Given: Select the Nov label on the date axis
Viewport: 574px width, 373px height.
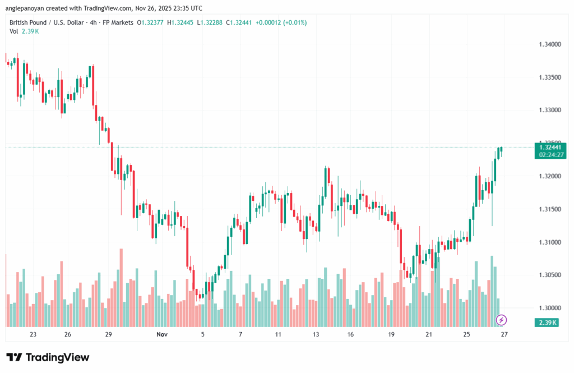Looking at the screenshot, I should tap(162, 334).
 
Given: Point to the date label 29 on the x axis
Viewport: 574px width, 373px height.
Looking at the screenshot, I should tap(109, 334).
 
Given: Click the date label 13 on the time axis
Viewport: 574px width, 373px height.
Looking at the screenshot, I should tap(316, 334).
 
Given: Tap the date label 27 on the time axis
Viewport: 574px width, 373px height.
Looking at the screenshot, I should tap(504, 334).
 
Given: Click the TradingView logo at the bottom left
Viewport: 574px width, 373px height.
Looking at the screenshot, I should tap(48, 357).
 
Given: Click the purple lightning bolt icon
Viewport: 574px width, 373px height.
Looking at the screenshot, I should tap(502, 320).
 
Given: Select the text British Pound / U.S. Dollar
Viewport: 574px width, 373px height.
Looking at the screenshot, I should tap(48, 22).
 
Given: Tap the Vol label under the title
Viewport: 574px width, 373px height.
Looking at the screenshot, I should tap(14, 31).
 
